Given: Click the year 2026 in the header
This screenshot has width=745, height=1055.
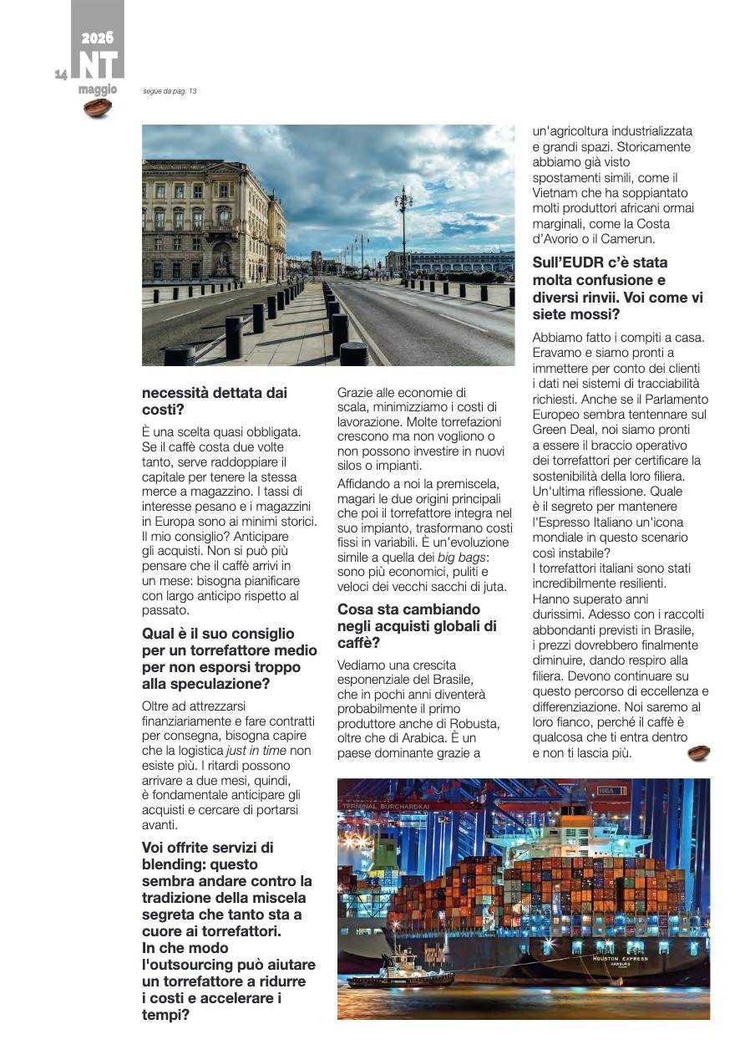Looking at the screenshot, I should [98, 38].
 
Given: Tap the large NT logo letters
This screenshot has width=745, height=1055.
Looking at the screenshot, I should [98, 65].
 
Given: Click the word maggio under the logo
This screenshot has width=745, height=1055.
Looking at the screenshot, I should [98, 89].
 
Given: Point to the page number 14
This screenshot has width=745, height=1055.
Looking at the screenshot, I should [61, 75].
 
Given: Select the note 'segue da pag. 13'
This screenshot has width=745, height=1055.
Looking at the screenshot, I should [170, 91].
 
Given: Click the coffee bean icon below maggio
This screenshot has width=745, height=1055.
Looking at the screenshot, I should [98, 108].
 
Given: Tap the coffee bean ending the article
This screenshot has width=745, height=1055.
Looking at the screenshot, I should [699, 752].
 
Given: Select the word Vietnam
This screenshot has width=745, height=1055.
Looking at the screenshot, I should [555, 192].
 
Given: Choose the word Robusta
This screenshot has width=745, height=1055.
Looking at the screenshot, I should [474, 723].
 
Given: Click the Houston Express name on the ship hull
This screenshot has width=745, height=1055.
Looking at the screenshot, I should [621, 959].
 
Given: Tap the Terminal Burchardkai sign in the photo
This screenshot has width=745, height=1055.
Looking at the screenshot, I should [386, 807].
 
